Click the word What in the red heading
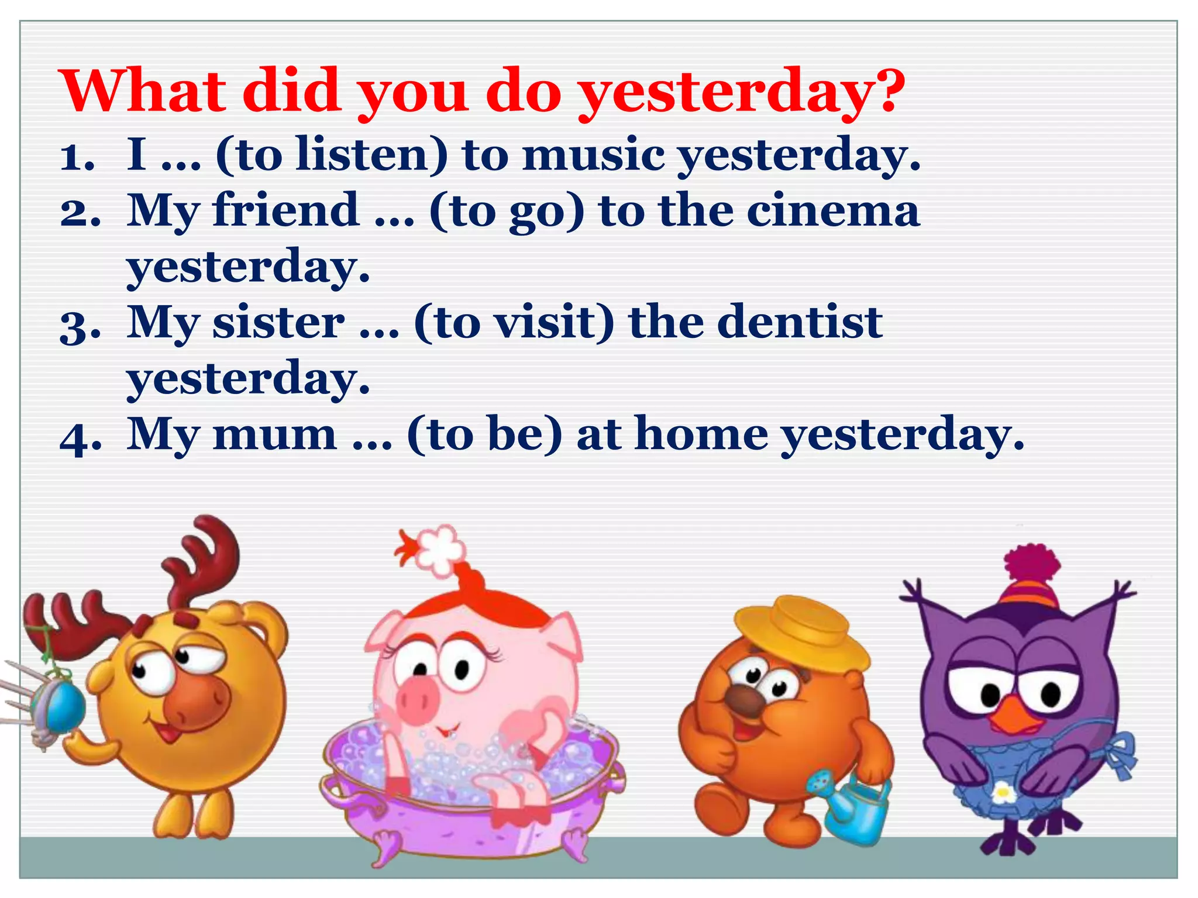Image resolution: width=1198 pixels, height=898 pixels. [143, 91]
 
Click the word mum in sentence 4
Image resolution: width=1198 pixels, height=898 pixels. [274, 434]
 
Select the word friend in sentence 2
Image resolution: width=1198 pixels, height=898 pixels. [285, 210]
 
